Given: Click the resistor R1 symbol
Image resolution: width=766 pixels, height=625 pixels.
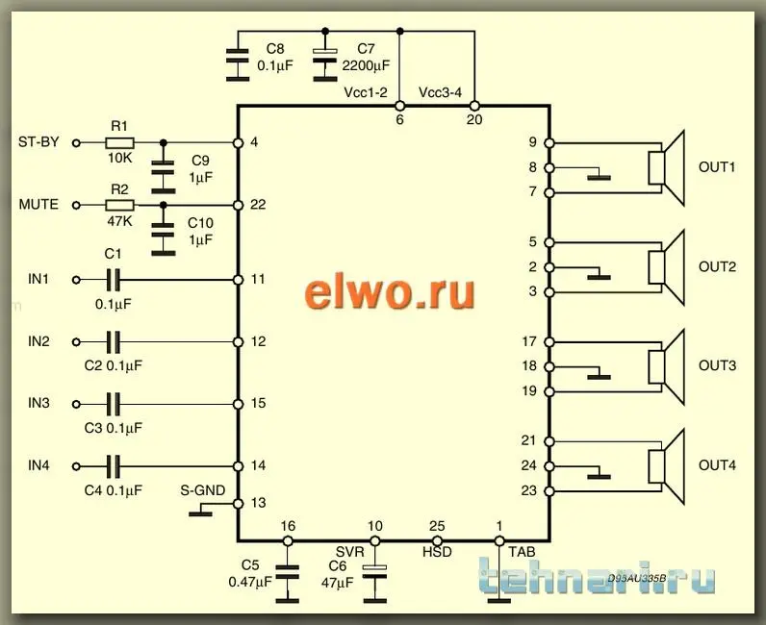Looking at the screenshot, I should [119, 142].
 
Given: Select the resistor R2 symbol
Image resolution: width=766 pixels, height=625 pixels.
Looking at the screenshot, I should [119, 205].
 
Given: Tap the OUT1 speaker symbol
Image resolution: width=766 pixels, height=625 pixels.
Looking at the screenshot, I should [666, 167].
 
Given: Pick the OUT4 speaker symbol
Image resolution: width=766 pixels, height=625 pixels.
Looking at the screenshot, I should [666, 466].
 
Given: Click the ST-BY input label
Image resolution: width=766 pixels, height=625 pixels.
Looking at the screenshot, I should [38, 142].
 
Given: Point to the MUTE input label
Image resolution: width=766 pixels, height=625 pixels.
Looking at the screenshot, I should [38, 205].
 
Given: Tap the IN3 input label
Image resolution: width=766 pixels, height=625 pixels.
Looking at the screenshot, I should [38, 404].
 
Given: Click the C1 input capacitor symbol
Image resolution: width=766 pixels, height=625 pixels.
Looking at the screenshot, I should [114, 280].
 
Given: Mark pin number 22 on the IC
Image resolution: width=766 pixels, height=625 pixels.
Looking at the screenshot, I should [257, 205].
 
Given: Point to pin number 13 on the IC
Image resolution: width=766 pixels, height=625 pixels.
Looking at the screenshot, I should [257, 503].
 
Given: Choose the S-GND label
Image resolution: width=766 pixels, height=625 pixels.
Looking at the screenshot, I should [203, 490].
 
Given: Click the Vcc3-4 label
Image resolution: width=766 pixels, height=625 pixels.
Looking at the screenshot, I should [442, 92].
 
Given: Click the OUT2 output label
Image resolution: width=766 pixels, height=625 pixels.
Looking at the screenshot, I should [717, 266].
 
